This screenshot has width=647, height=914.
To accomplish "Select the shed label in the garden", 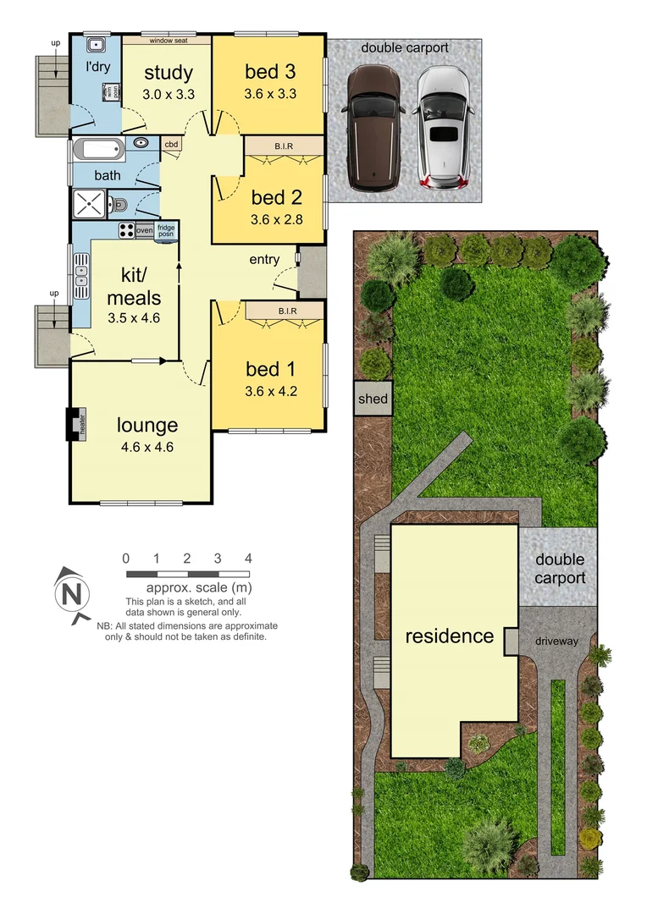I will (373, 399).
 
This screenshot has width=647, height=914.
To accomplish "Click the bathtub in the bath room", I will (99, 151).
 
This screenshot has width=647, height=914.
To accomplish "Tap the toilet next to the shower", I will (119, 204).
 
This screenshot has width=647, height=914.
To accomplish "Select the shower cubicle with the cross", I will (90, 204).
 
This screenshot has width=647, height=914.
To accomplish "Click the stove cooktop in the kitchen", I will (126, 229).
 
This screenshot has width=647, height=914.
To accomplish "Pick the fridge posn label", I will (166, 231).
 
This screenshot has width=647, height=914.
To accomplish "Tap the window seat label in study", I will (168, 40).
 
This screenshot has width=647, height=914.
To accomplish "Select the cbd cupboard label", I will (171, 144).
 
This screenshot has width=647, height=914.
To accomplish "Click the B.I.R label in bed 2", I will (284, 146).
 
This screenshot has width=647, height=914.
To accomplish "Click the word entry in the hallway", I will (264, 259).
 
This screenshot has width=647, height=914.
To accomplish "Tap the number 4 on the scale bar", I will (248, 559).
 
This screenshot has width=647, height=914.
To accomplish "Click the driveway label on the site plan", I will (556, 641).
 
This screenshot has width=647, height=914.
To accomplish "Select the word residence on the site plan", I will (449, 636).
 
